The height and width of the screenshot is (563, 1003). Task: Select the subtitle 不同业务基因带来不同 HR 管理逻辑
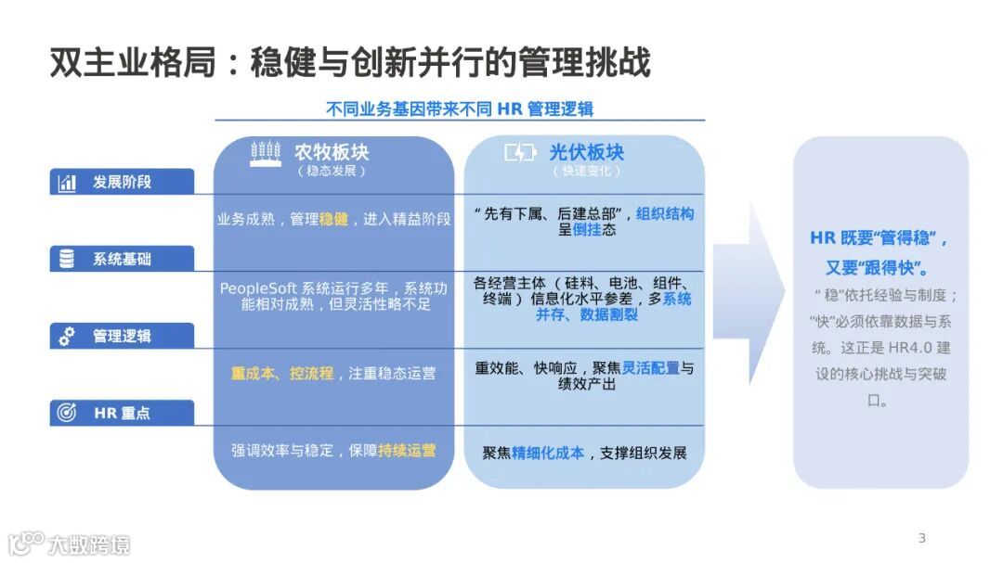[x=460, y=109]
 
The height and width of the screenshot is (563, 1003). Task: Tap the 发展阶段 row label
[x=122, y=182]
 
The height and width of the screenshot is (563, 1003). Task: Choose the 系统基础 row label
[x=122, y=260]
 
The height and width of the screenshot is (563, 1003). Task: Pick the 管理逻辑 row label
[x=122, y=336]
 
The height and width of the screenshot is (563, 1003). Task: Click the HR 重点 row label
[x=122, y=413]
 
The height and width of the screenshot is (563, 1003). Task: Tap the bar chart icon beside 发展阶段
[x=67, y=183]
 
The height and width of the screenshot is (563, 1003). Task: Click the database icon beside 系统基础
[x=67, y=260]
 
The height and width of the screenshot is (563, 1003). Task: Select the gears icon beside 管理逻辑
[x=67, y=337]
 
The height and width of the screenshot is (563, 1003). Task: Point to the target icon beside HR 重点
[x=67, y=414]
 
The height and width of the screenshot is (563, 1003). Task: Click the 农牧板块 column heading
[x=332, y=152]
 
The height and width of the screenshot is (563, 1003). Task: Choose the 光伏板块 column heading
[x=586, y=152]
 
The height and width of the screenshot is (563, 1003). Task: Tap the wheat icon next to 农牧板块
[x=267, y=154]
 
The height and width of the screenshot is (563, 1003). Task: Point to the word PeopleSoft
[x=257, y=288]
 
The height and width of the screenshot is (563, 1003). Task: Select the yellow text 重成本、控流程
[x=281, y=373]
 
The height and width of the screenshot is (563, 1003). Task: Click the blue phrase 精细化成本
[x=548, y=453]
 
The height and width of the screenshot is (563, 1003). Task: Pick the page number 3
[x=921, y=538]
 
